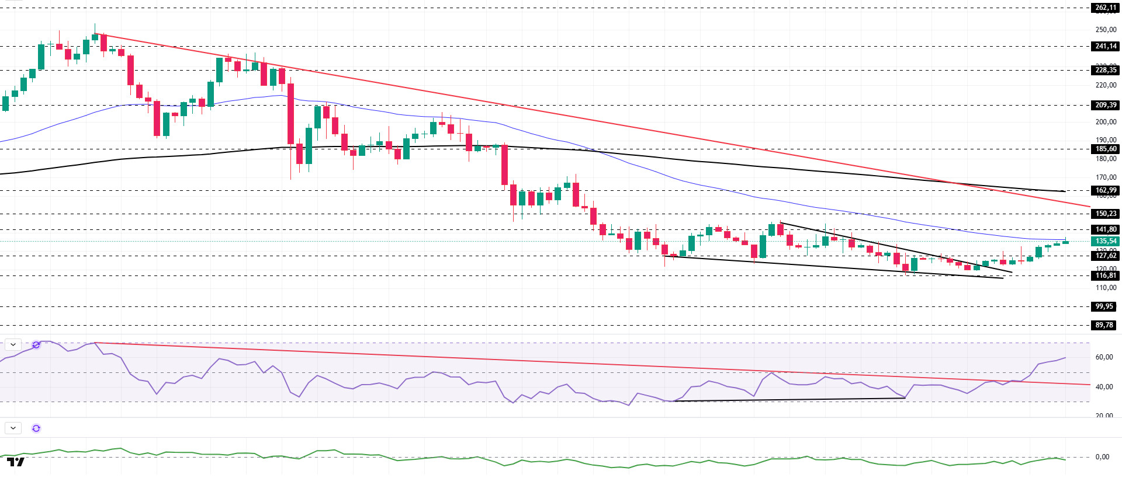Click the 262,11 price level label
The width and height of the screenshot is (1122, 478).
pos(1105,8)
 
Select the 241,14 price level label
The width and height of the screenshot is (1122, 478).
pos(1105,46)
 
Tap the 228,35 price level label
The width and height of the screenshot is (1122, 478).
pos(1105,70)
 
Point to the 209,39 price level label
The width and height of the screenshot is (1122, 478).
pos(1105,105)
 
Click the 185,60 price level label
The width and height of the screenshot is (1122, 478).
pos(1105,149)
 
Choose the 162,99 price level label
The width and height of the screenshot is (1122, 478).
pos(1105,190)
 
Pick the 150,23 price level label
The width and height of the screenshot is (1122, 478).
pos(1105,214)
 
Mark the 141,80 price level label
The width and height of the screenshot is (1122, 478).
pos(1105,229)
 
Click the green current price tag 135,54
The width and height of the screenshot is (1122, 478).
pos(1105,241)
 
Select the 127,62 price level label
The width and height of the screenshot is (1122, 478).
pos(1105,256)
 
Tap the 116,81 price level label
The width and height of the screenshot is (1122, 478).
pos(1105,275)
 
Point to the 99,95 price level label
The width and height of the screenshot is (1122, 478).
pos(1104,306)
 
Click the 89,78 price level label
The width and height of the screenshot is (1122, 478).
pos(1104,325)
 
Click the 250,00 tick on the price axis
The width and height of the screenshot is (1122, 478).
pos(1106,30)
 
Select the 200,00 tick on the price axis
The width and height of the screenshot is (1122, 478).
pos(1106,122)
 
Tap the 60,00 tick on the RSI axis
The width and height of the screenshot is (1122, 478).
pos(1104,357)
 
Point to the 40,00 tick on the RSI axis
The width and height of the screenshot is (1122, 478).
pos(1104,387)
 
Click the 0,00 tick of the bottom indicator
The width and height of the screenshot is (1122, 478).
pos(1102,457)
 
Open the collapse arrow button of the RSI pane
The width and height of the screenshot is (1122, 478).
pos(13,345)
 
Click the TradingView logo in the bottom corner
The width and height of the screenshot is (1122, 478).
pos(16,462)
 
